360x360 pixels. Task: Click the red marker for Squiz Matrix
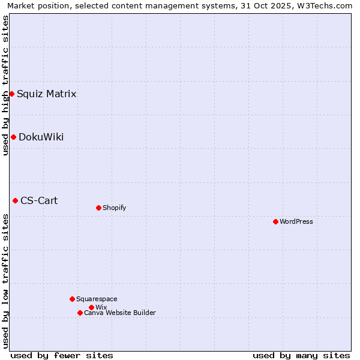11,94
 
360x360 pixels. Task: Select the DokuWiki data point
13,137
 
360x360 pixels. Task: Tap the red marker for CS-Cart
15,200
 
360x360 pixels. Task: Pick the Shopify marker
98,208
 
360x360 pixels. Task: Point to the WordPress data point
275,221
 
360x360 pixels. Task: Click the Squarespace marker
72,299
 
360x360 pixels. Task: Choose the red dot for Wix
91,307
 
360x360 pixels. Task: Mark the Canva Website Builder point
80,313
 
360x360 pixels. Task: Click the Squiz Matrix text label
46,94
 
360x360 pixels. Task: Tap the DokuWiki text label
41,137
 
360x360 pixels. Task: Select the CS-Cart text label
39,200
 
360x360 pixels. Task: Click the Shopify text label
114,208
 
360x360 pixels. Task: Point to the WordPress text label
296,221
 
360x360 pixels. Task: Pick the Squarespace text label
97,299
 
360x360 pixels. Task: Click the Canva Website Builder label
120,313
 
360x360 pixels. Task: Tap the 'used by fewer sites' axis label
62,355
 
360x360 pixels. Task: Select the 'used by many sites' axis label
301,355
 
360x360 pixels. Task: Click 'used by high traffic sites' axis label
5,85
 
